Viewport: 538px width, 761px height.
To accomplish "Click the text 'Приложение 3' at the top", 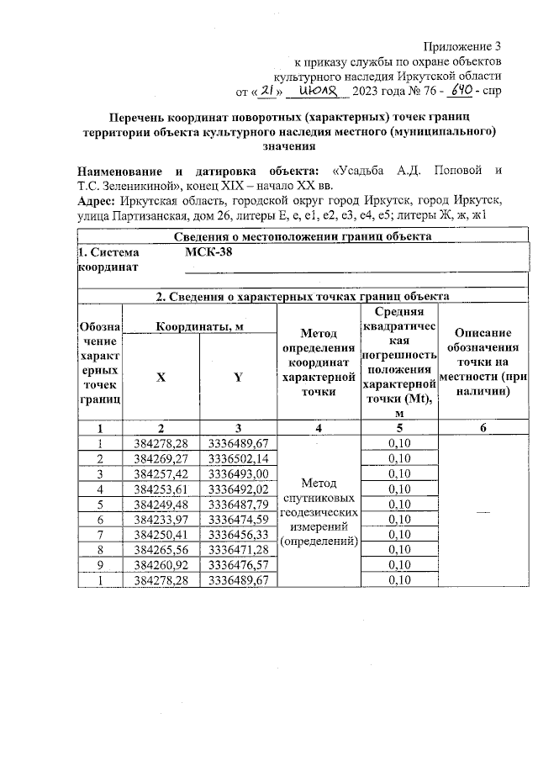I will click(464, 45).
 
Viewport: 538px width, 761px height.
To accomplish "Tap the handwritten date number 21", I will click(266, 90).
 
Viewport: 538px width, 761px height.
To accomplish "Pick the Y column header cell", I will click(238, 378).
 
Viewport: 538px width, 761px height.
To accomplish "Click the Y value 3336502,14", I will click(238, 458).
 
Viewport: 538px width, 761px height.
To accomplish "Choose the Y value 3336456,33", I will click(238, 534).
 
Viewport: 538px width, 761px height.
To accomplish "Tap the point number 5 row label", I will click(100, 504).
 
